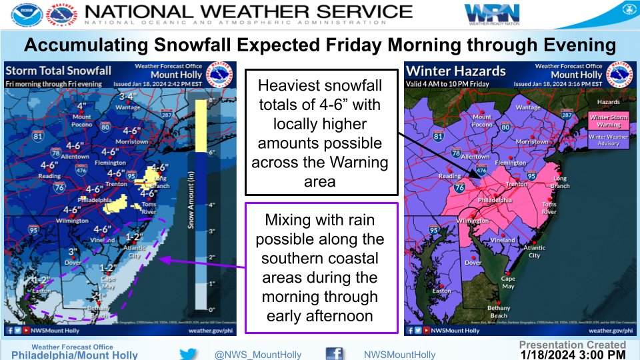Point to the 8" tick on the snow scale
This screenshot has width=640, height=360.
click(x=213, y=100)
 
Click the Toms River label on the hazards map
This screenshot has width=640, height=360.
click(x=549, y=208)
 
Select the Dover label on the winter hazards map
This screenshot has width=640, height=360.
click(x=473, y=263)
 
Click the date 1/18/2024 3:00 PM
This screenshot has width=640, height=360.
click(x=573, y=355)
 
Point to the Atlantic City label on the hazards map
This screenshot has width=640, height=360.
click(x=534, y=251)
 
